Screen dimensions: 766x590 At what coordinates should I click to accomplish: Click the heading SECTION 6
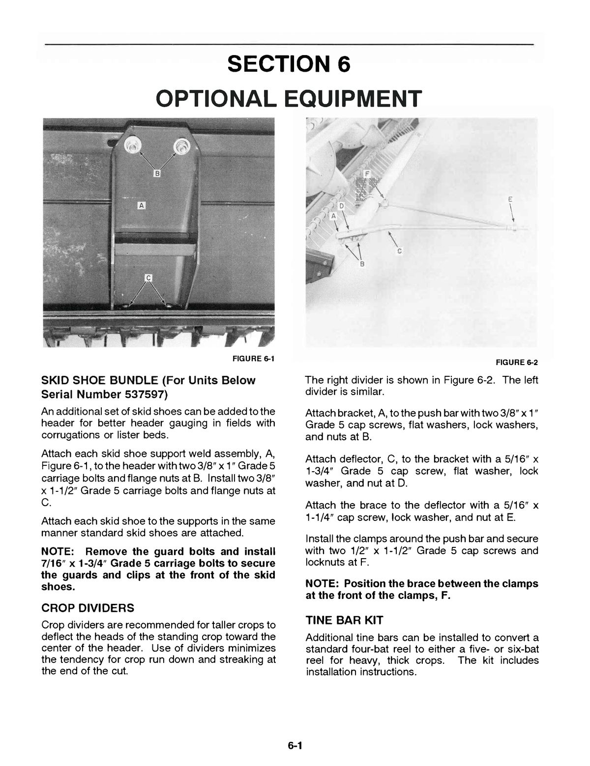tap(289, 64)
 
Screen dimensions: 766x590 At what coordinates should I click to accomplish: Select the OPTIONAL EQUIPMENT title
tap(289, 98)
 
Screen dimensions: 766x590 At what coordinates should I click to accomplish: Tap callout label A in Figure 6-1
tap(141, 205)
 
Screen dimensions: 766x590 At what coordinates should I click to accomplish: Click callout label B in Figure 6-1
tap(157, 173)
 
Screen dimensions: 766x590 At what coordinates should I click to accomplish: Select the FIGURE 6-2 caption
tap(517, 363)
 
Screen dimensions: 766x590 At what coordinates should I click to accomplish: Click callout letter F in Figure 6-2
tap(367, 174)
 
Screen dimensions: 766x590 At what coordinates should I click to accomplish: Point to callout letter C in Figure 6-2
tap(399, 251)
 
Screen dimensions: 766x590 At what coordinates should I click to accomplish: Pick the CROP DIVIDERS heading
tap(88, 608)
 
